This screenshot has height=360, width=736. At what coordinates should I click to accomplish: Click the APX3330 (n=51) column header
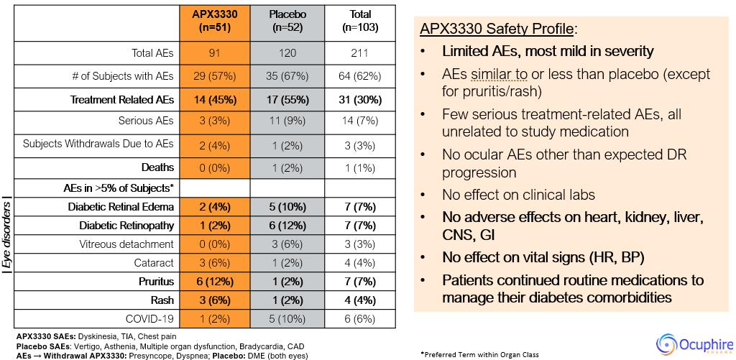click(215, 21)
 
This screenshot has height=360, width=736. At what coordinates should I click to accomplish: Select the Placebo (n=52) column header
click(287, 21)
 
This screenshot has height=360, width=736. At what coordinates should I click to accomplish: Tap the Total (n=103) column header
click(360, 21)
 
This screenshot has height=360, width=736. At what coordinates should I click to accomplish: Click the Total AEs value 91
click(215, 53)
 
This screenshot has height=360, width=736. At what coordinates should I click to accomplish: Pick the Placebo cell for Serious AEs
click(287, 121)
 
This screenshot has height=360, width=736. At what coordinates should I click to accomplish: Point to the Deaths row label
click(157, 167)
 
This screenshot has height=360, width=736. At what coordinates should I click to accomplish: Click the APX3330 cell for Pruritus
click(215, 282)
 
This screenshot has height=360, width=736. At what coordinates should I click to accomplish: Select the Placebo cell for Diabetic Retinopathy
click(287, 226)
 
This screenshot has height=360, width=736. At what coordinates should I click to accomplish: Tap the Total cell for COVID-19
click(360, 319)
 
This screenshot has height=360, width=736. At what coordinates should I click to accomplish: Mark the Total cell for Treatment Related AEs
click(360, 100)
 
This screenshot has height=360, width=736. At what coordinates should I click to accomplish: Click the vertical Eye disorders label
click(6, 238)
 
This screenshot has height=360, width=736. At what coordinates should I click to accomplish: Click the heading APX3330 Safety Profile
click(496, 29)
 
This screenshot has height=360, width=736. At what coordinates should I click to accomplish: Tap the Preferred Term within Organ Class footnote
click(479, 355)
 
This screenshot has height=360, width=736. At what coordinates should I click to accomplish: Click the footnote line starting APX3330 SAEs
click(96, 336)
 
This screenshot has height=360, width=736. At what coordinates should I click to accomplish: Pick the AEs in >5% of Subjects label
click(119, 188)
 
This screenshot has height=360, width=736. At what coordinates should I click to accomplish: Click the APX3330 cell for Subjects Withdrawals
click(215, 144)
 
